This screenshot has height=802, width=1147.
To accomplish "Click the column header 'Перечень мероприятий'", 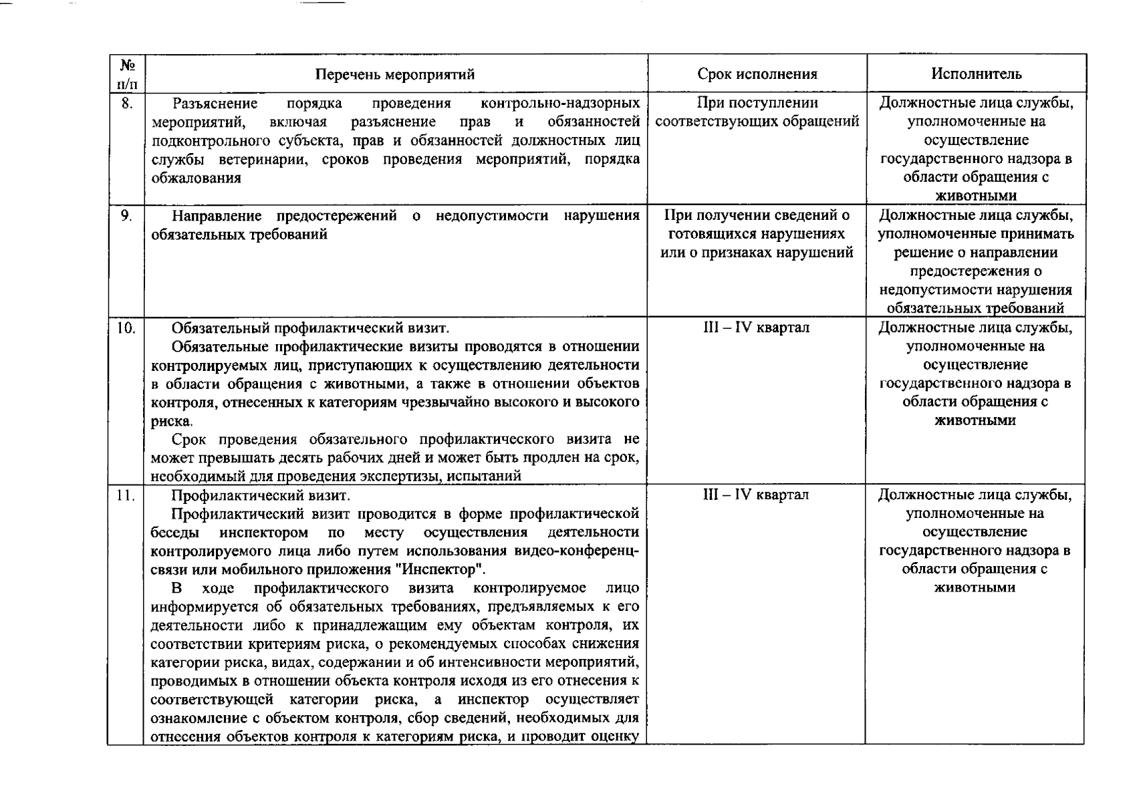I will [395, 74].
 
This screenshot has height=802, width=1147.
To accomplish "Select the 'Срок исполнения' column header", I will [757, 74].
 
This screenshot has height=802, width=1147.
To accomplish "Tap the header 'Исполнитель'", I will [976, 74].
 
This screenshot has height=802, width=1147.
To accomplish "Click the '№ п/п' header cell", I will [127, 74].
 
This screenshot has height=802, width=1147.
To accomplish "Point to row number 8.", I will [127, 104].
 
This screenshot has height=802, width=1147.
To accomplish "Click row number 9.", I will [127, 216].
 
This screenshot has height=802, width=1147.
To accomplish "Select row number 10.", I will [127, 328].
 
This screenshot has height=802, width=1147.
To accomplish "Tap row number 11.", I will [127, 496].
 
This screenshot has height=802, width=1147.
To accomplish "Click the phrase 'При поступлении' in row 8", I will [757, 103].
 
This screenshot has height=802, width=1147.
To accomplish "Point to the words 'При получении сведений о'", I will [757, 215].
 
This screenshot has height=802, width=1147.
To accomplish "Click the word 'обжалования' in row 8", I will [196, 178].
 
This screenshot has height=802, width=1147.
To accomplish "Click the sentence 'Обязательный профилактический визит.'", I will [310, 327].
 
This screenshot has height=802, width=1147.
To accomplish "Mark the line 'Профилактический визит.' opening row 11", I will [260, 495].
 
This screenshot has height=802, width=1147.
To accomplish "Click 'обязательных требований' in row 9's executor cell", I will [975, 308].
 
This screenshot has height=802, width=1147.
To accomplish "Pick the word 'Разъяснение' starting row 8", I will [215, 103].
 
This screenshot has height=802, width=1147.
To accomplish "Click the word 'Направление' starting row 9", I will [214, 215].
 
